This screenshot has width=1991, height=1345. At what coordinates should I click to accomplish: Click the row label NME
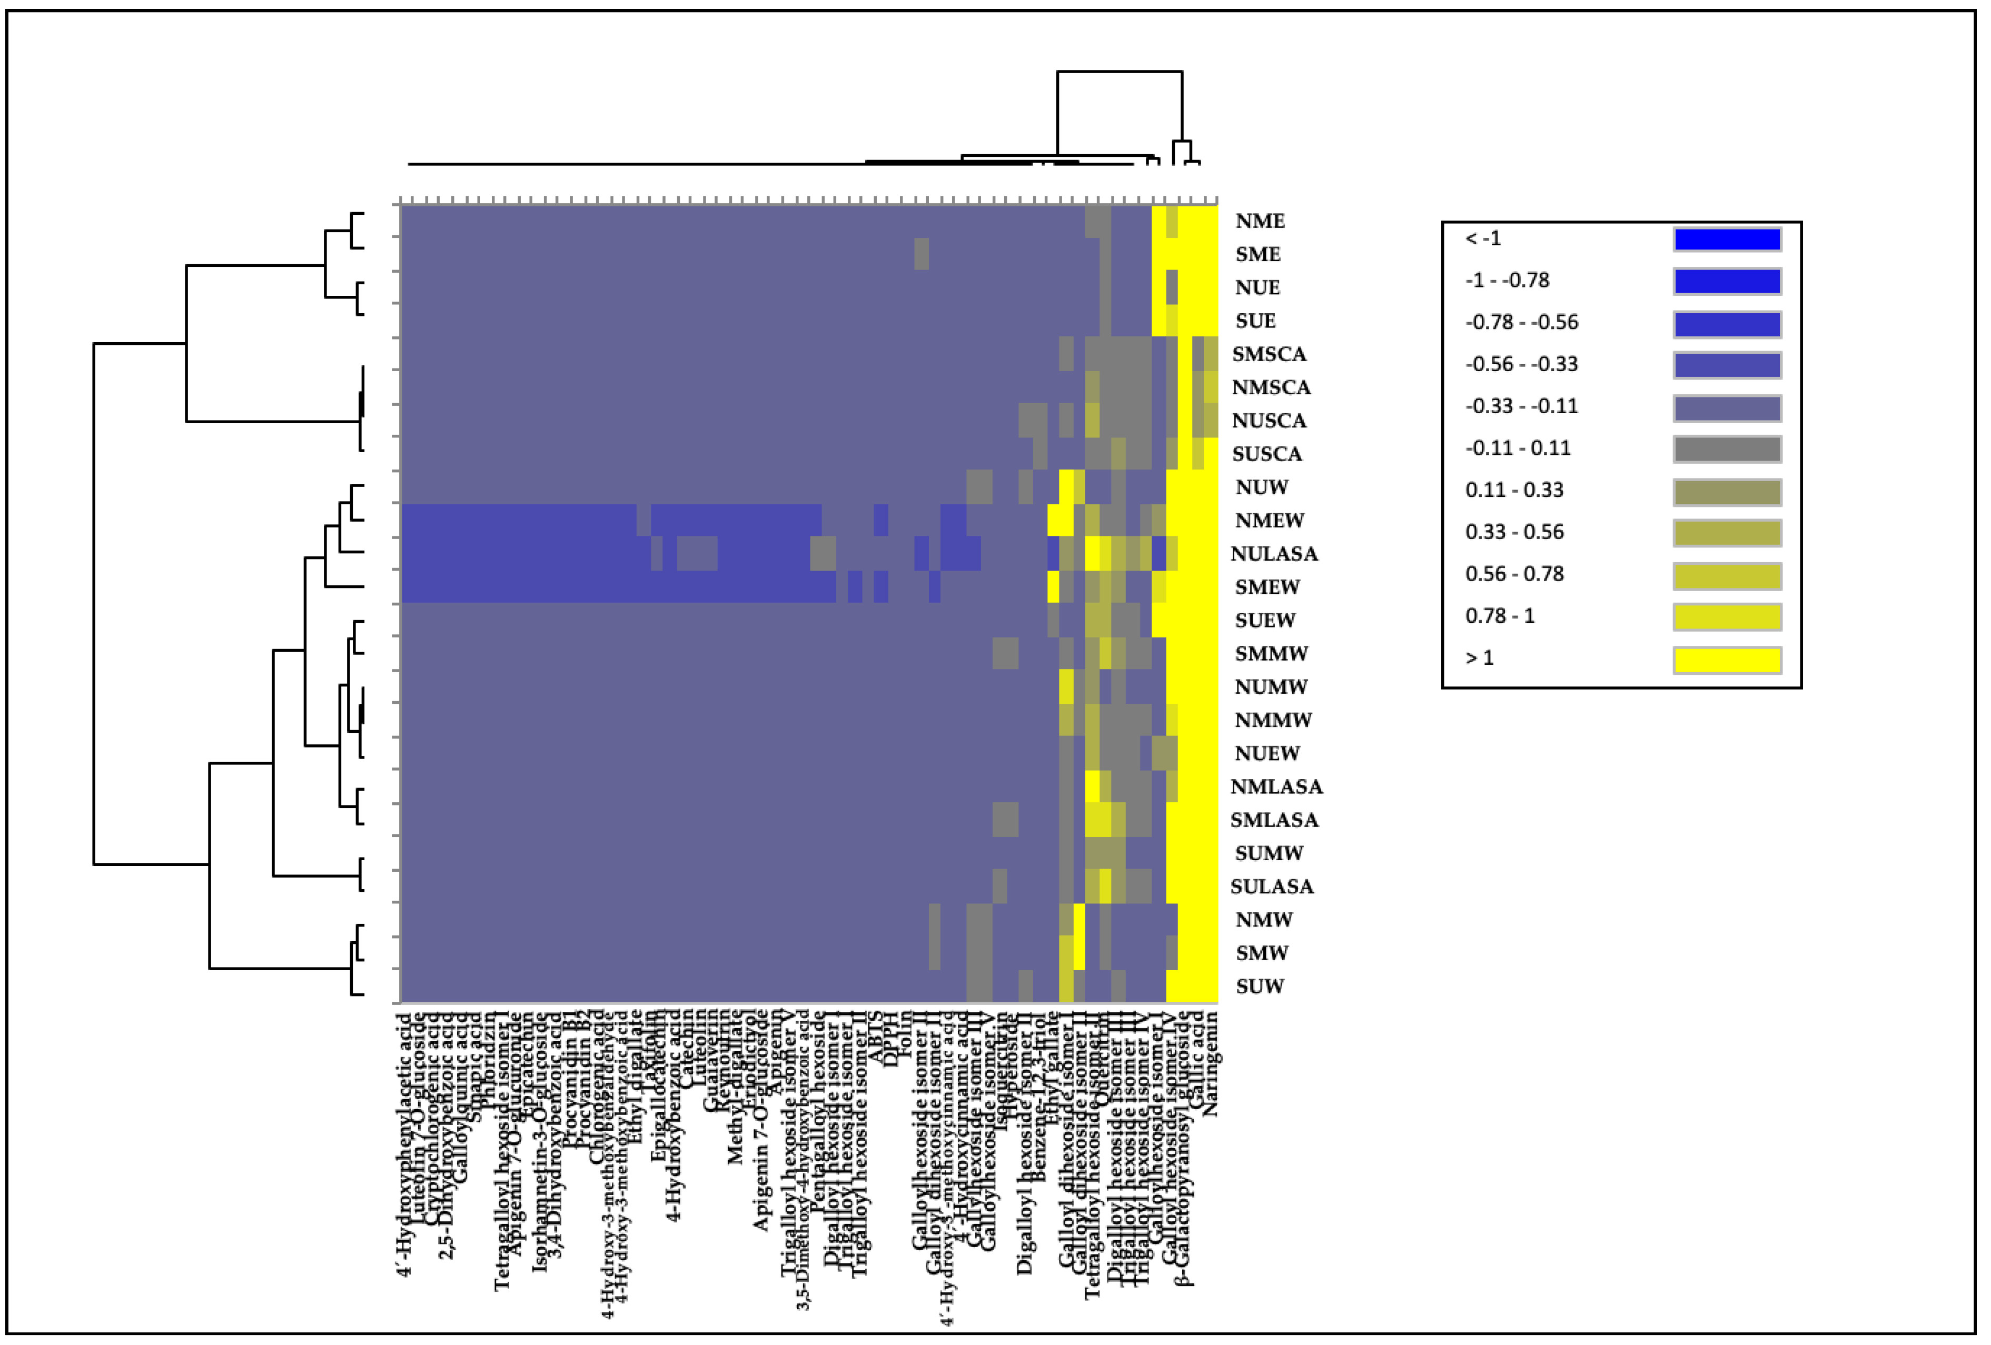tap(1260, 221)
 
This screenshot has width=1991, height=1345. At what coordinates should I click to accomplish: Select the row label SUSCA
tap(1266, 454)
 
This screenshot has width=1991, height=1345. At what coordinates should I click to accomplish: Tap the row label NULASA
tap(1273, 554)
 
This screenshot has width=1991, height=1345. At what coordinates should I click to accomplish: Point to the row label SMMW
tap(1271, 654)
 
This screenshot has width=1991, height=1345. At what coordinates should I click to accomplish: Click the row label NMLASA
tap(1276, 786)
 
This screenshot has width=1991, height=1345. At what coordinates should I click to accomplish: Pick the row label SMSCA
tap(1269, 354)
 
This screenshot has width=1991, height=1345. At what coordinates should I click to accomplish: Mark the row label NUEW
tap(1266, 754)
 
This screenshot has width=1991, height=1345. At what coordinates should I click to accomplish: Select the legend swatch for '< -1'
tap(1726, 239)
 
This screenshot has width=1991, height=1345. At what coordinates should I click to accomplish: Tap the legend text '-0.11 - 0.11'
tap(1517, 448)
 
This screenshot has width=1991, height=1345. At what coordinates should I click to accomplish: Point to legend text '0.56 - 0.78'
tap(1514, 574)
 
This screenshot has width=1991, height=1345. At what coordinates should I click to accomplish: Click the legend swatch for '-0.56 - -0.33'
tap(1726, 365)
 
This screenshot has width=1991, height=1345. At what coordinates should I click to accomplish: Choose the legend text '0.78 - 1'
tap(1499, 616)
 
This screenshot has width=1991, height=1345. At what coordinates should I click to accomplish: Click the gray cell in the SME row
tap(921, 254)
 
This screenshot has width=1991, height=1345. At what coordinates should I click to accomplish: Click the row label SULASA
tap(1271, 886)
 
